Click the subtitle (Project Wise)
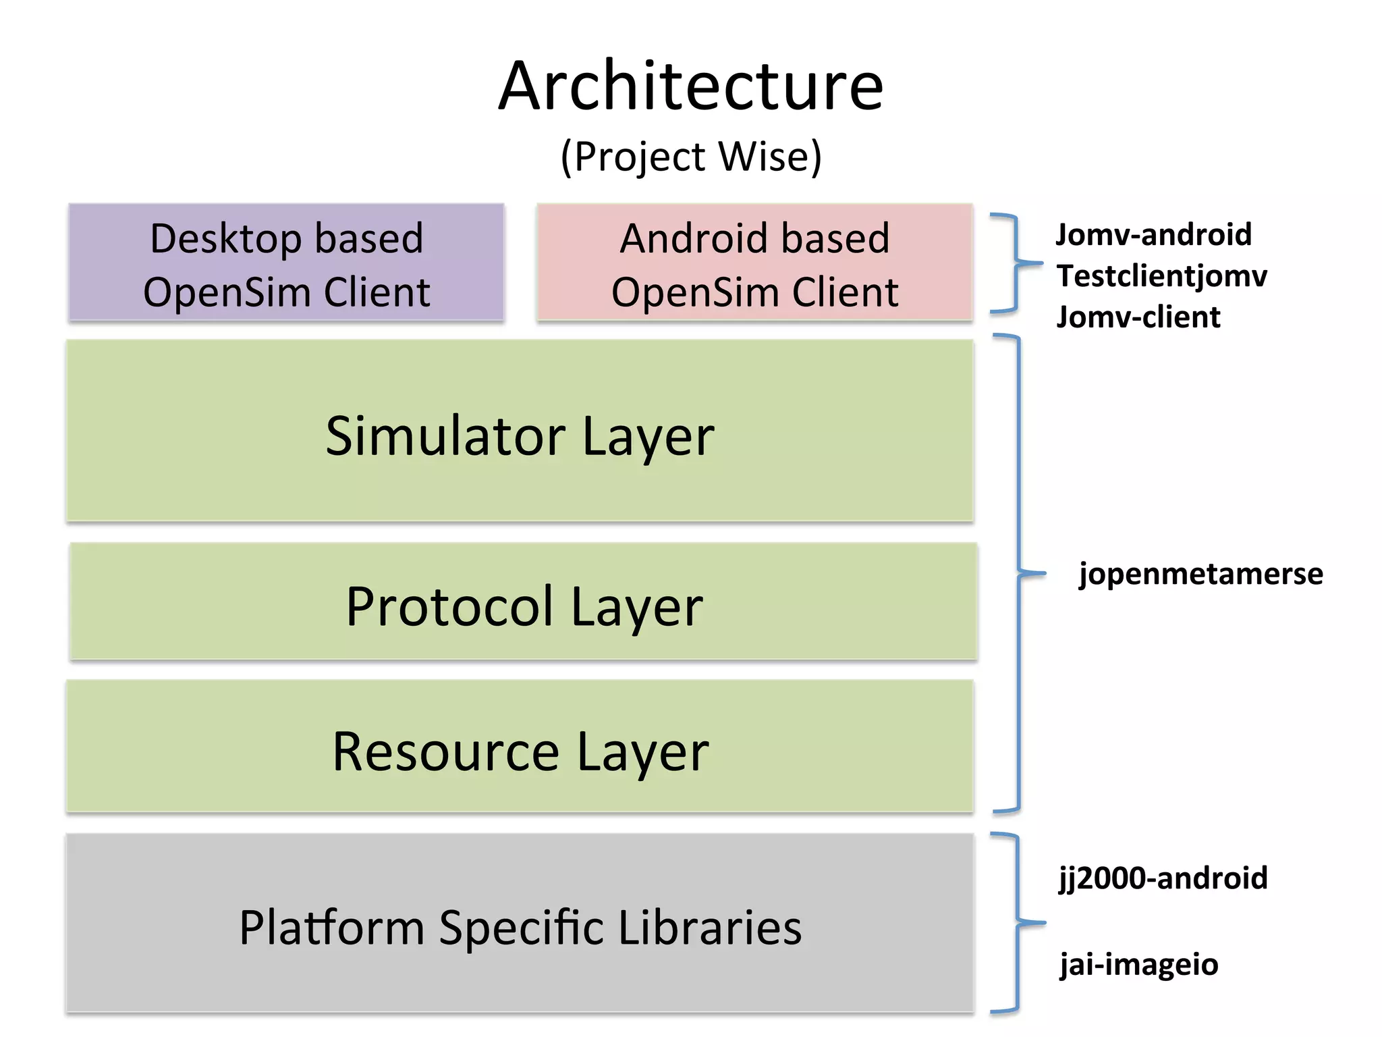tap(690, 157)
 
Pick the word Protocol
tap(450, 606)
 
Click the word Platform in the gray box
tap(331, 928)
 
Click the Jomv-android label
tap(1153, 235)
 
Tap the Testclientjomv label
tap(1161, 276)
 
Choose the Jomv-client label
tap(1138, 317)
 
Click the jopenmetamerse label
tap(1200, 574)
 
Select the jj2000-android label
tap(1163, 878)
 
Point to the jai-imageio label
tap(1138, 964)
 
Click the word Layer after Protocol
tap(636, 606)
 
